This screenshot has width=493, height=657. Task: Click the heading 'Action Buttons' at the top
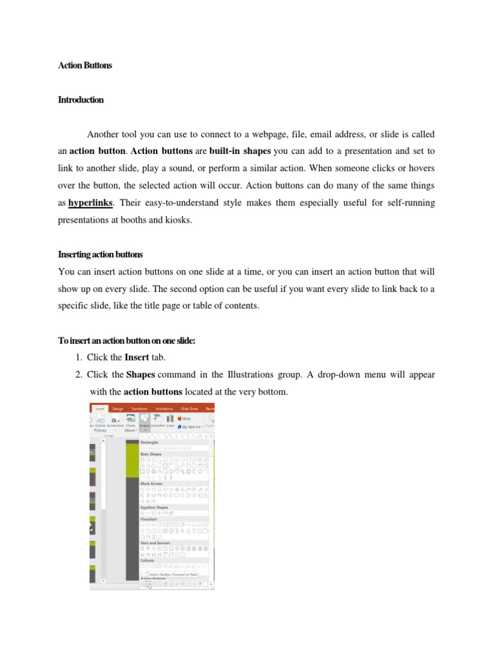click(x=85, y=65)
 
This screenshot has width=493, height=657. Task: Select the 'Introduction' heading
click(x=80, y=100)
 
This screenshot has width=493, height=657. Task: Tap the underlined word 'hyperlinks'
click(x=91, y=203)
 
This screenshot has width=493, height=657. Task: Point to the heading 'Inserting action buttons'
click(x=100, y=255)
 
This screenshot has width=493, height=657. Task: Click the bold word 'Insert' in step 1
click(x=137, y=357)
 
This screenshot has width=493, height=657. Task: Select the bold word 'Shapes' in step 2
click(x=141, y=374)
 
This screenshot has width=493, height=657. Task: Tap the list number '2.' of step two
click(x=80, y=374)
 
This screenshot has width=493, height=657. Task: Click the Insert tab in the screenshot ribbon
click(x=99, y=408)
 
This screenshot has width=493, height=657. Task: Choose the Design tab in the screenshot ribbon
click(x=117, y=408)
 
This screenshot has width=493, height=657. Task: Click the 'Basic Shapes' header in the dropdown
click(x=152, y=454)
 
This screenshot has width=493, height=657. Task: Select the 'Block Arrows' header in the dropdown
click(x=151, y=483)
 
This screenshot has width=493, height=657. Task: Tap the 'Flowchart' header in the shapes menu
click(x=150, y=519)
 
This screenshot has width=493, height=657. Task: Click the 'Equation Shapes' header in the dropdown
click(x=154, y=508)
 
